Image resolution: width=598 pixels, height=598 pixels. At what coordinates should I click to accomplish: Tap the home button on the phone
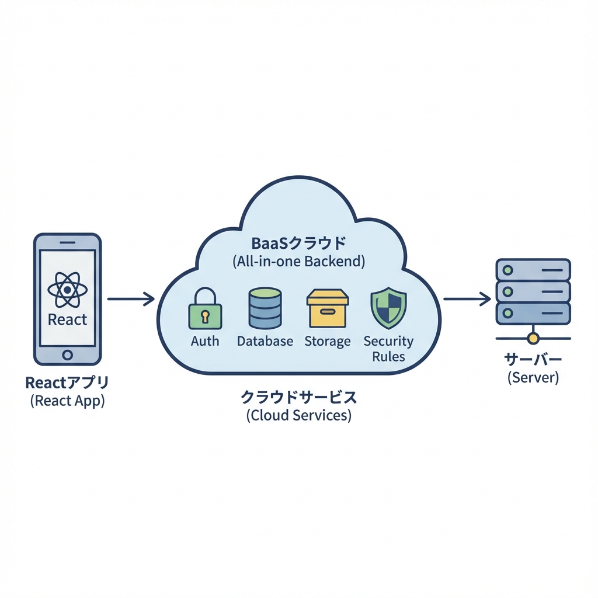click(x=67, y=354)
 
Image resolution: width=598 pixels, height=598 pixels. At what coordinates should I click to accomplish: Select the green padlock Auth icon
click(x=205, y=310)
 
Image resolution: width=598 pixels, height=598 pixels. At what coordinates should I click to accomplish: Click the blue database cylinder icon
click(x=265, y=308)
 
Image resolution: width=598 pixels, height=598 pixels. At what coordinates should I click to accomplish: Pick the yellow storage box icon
click(x=327, y=308)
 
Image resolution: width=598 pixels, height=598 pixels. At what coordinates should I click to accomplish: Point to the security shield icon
click(x=388, y=308)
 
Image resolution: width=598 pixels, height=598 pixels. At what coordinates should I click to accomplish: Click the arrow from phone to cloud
click(x=131, y=300)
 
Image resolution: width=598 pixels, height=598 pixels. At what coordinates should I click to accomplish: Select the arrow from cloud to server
click(x=467, y=300)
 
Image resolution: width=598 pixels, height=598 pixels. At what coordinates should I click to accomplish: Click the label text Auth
click(x=205, y=341)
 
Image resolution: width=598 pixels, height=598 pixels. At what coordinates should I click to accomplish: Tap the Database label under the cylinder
click(x=265, y=341)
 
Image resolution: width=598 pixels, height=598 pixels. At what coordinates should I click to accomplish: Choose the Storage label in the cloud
click(x=327, y=341)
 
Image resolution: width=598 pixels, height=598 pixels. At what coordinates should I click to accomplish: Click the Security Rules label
click(x=388, y=348)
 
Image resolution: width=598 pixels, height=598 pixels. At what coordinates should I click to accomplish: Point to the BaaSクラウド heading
click(x=298, y=242)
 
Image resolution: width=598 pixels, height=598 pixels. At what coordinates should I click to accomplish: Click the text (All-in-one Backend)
click(x=298, y=261)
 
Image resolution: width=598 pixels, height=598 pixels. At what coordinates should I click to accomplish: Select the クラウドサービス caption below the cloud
click(x=298, y=398)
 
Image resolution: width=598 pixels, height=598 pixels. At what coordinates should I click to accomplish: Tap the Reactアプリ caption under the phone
click(x=67, y=383)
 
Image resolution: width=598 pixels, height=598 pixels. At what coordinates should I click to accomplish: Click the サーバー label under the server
click(x=533, y=359)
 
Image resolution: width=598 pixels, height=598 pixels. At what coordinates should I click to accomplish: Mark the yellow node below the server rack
click(x=533, y=338)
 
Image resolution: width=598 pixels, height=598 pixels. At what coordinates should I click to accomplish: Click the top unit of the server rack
click(x=533, y=270)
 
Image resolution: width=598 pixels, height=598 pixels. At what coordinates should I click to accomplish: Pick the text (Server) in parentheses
click(x=533, y=377)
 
